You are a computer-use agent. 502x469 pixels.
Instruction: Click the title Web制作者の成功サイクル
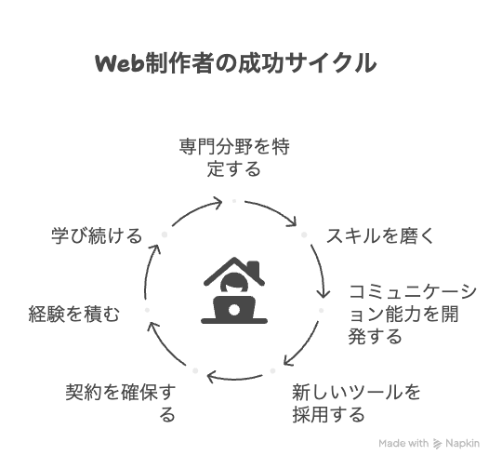point(235,63)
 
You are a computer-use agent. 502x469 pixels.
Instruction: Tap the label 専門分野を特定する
point(234,157)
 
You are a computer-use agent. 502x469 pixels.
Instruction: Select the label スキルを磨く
point(379,236)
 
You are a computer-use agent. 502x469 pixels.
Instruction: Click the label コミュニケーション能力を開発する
point(413,314)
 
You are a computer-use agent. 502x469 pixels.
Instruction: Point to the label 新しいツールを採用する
point(356,403)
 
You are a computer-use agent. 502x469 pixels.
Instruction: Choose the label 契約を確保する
point(120,403)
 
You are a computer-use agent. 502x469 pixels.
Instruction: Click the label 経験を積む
point(74,314)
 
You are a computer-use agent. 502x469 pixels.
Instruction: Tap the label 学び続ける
point(97,236)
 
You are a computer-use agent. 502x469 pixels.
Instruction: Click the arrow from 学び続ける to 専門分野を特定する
point(195,210)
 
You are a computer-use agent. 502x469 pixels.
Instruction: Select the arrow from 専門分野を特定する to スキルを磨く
point(272,209)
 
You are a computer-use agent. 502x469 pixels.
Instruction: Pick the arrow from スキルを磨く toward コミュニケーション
point(322,269)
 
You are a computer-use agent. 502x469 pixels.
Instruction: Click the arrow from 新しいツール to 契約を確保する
point(234,378)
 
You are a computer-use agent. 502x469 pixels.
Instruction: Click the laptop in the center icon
point(234,310)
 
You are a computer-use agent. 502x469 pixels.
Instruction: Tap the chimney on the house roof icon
point(254,268)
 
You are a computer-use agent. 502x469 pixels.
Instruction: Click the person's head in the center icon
point(234,283)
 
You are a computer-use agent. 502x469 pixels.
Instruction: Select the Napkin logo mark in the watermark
point(437,443)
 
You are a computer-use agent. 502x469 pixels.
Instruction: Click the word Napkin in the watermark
point(463,443)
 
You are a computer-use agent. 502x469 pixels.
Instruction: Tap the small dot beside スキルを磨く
point(304,234)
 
